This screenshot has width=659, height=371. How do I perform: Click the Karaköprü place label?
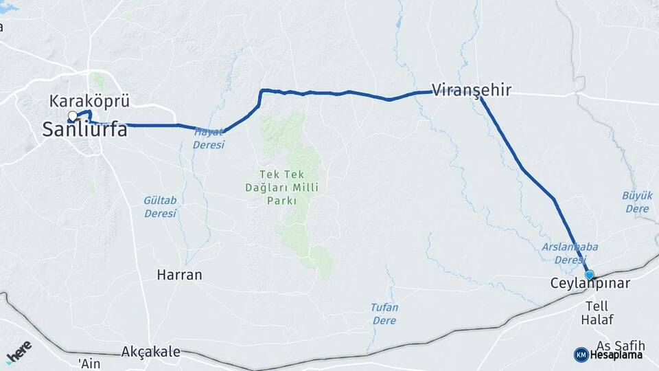(x=90, y=102)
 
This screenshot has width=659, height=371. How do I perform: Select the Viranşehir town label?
(x=472, y=89)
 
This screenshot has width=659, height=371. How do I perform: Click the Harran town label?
(x=179, y=275)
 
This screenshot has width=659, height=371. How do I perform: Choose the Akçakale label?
(x=150, y=352)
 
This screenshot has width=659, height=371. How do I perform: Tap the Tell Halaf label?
(x=597, y=313)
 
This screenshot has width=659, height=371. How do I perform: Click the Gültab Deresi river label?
(x=160, y=207)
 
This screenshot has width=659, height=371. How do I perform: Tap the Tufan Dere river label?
(x=384, y=314)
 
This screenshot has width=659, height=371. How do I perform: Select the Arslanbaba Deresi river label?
(x=560, y=254)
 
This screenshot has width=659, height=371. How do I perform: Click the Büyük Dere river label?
(x=636, y=201)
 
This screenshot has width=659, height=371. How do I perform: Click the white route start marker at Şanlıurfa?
(x=73, y=115)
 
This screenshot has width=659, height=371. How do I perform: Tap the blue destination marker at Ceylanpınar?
(x=589, y=275)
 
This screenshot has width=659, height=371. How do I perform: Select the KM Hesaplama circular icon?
(x=581, y=355)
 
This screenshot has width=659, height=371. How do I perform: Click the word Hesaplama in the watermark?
(x=616, y=355)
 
